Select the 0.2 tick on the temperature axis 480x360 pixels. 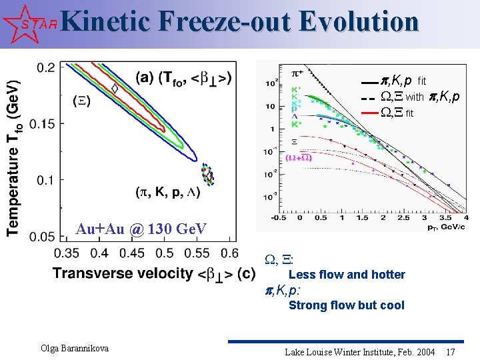coord(45,67)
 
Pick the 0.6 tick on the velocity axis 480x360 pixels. coord(229,253)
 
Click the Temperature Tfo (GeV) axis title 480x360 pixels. coord(13,157)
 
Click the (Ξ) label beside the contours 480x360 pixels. coord(81,101)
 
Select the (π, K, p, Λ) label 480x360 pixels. coord(168,193)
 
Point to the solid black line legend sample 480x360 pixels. coord(367,82)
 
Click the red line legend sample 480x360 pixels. coord(367,113)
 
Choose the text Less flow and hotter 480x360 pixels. coord(346,275)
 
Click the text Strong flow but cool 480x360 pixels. coord(346,305)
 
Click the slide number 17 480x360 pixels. coord(451,351)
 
